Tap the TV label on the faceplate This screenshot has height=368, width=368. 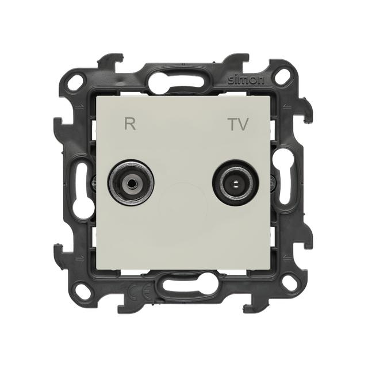(237, 124)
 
